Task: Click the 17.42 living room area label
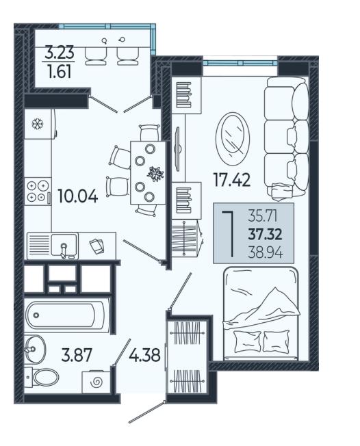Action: point(232,180)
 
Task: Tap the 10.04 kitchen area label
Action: point(78,196)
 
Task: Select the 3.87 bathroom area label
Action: point(77,355)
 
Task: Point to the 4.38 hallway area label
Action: point(144,355)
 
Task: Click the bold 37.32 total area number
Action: point(265,235)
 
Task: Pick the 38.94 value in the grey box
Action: point(266,252)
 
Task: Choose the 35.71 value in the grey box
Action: point(262,217)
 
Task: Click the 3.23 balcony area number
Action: point(60,53)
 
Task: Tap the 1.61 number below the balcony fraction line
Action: point(60,71)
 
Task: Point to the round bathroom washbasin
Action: point(35,349)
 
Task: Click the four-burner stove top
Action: point(38,191)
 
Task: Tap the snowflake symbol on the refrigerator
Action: point(38,124)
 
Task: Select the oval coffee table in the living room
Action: point(233,138)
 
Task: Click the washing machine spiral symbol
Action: point(96,382)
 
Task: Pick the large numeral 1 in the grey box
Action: point(229,234)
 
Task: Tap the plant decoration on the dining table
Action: point(155,174)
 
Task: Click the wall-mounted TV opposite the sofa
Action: point(178,148)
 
